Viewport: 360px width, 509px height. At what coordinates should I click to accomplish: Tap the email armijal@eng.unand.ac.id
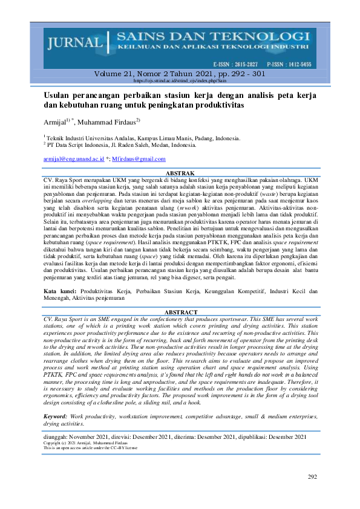[74, 158]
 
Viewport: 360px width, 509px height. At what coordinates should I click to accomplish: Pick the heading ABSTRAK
[180, 173]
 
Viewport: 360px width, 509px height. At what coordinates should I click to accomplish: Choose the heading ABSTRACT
[180, 312]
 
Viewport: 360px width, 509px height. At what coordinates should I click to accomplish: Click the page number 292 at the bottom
[312, 477]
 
